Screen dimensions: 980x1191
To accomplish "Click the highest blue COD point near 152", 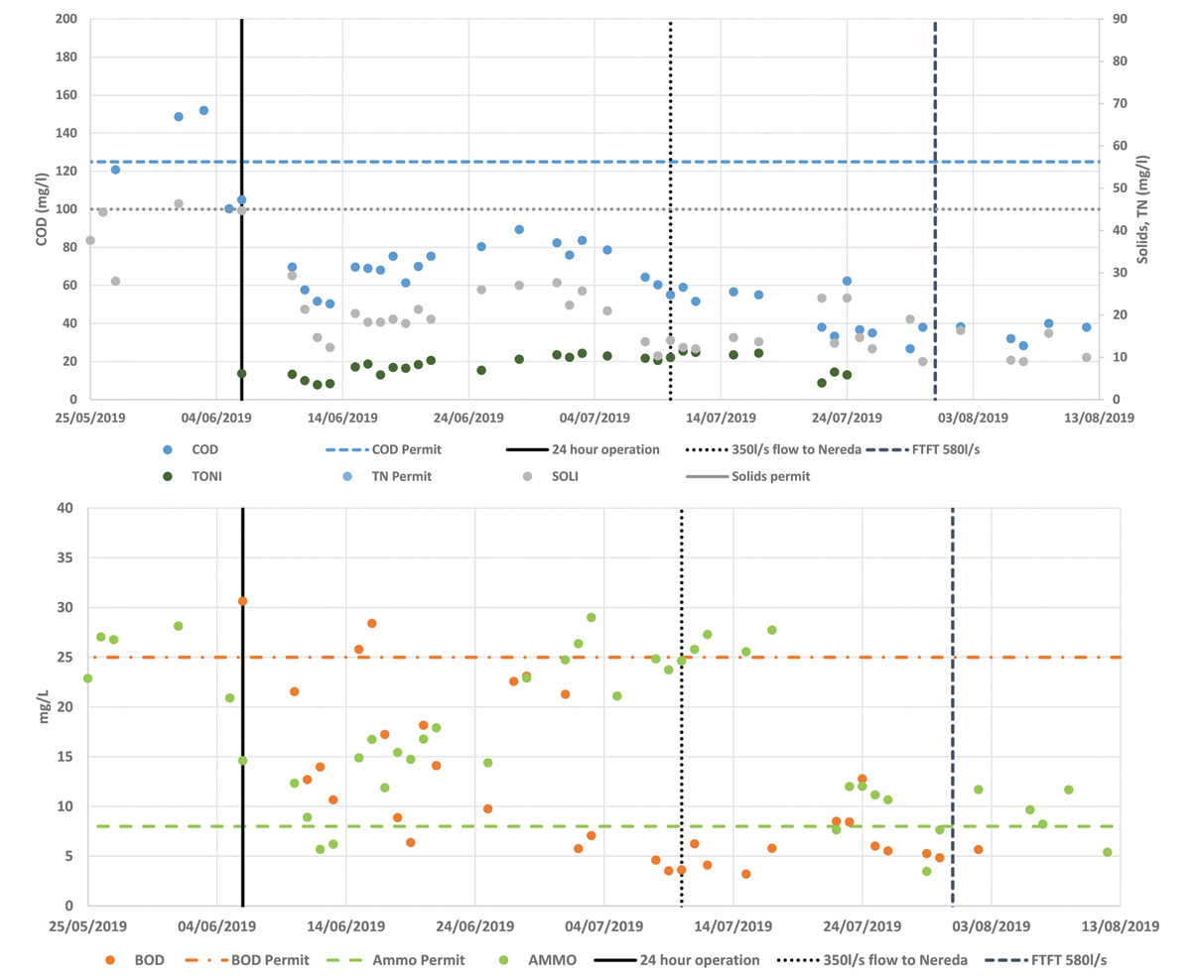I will (203, 110).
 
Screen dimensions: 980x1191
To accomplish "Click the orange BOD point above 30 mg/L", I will (242, 601).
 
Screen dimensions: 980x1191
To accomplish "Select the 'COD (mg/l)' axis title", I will (42, 208).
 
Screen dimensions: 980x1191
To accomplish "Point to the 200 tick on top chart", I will (67, 20).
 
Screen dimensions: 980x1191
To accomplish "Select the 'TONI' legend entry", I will (206, 476).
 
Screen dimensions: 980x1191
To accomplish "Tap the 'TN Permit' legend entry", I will (401, 476).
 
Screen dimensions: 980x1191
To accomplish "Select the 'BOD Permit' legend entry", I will (270, 960).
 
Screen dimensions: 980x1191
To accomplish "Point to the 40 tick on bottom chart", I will (66, 508).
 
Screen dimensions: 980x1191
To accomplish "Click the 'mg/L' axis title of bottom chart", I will (43, 706).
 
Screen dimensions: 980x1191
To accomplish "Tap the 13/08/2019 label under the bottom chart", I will (1121, 926).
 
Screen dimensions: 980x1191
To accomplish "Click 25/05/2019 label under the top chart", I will (89, 419).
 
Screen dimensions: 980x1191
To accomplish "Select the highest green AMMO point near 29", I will (591, 617).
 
